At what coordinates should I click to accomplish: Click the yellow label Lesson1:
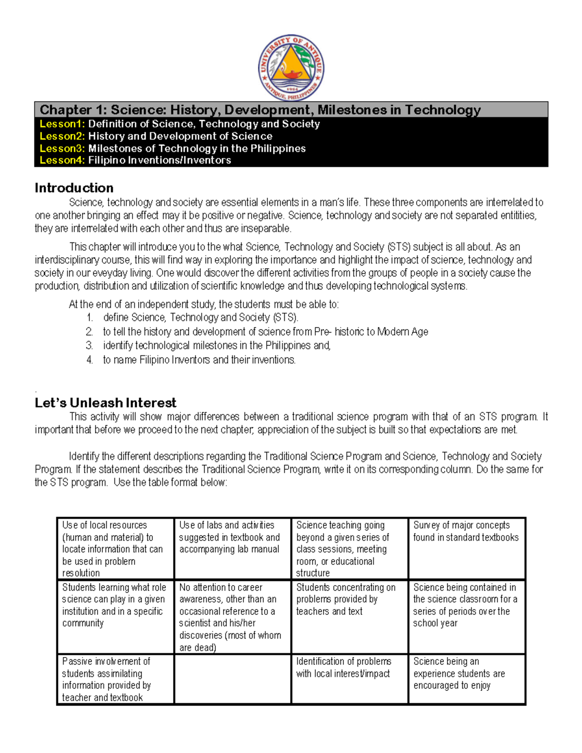coord(62,124)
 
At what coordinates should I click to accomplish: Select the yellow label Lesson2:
coord(62,136)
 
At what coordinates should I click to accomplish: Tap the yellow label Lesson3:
coord(62,148)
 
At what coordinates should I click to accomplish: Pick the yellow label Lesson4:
coord(62,160)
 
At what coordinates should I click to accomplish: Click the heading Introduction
coord(74,188)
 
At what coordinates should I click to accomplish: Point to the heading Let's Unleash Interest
coord(105,403)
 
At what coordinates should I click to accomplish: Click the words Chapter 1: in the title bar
coord(73,110)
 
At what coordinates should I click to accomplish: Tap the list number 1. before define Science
coord(89,318)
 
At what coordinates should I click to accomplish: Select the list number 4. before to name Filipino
coord(89,360)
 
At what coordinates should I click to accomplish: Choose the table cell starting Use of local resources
coord(115,548)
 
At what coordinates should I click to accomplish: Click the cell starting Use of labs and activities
coord(232,548)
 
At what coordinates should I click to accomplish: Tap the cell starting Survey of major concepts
coord(467,548)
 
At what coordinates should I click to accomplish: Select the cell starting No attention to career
coord(232,617)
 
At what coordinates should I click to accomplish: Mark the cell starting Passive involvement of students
coord(115,679)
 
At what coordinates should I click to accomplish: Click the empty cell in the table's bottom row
coord(232,679)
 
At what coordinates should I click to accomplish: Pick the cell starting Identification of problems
coord(349,679)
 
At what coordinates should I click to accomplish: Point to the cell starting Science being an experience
coord(467,679)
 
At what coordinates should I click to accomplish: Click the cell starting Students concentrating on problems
coord(349,617)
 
